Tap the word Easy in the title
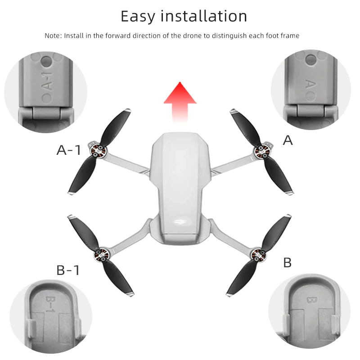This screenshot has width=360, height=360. point(138,17)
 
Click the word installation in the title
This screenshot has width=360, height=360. point(204,16)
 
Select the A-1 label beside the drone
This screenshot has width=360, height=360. point(69,150)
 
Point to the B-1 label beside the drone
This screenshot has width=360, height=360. point(68,270)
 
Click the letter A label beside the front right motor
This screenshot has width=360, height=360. point(288,140)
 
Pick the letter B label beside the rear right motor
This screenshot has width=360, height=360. point(288,262)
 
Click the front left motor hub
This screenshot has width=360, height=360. point(98,151)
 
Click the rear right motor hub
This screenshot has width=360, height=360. point(259,254)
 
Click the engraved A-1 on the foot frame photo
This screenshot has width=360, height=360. point(47,81)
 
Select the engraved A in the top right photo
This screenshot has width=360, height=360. point(310,84)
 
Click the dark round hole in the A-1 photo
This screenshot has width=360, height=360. point(47,61)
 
